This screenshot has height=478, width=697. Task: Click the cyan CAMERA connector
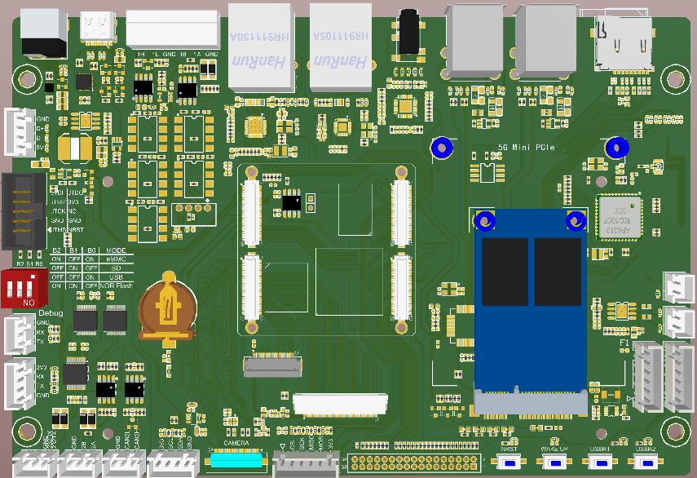point(236,459)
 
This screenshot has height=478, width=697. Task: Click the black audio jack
point(406,33)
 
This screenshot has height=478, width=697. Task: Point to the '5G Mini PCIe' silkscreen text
point(527,148)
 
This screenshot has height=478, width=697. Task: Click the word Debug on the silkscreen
point(51,312)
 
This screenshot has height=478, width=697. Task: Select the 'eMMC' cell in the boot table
point(114,259)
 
